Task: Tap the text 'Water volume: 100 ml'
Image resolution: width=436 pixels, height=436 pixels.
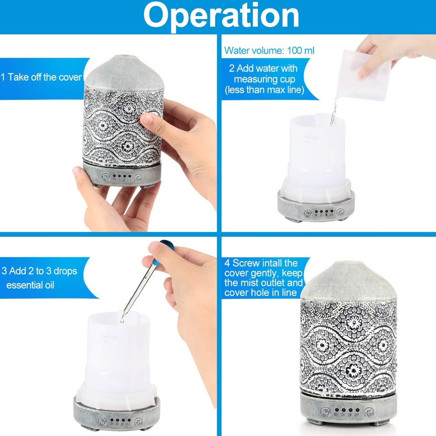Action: (269, 51)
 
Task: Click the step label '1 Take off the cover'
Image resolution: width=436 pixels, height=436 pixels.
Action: (41, 77)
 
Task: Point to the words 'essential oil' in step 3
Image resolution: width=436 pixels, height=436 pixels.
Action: (30, 285)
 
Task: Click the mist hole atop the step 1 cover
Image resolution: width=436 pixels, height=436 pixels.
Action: (123, 56)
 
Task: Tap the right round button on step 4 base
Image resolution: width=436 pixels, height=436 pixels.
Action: (369, 412)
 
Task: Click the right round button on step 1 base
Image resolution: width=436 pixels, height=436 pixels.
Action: (138, 178)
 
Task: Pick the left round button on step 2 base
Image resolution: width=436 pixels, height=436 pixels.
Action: (307, 213)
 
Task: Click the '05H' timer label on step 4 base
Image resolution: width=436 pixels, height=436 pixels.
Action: (337, 415)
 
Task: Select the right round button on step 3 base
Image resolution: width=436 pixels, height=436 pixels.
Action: (139, 422)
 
